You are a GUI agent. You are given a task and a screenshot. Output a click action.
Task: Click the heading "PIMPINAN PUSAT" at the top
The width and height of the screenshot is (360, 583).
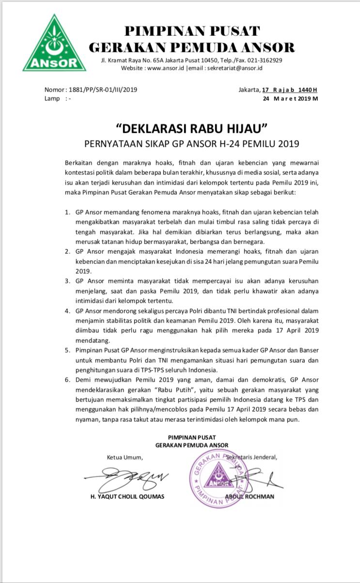coord(192,31)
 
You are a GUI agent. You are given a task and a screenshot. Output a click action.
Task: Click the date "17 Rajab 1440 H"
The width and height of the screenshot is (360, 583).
coord(290,90)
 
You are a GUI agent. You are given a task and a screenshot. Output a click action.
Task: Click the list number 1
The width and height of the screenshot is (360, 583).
coord(67,213)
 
